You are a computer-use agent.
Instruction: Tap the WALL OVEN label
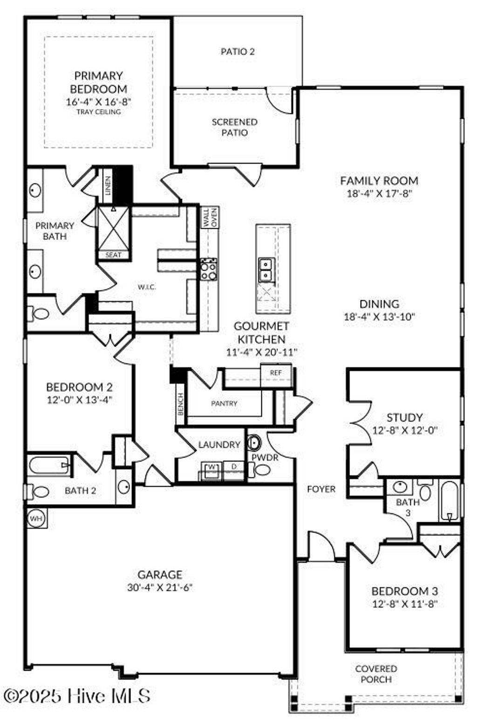[x=210, y=218]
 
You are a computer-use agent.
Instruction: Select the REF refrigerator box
[x=276, y=373]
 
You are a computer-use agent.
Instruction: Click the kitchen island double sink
[x=266, y=270]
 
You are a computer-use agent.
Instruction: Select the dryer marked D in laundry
[x=233, y=467]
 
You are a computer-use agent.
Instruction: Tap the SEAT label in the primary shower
[x=113, y=255]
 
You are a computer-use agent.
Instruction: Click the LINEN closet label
[x=108, y=185]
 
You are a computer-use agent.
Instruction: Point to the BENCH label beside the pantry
[x=181, y=404]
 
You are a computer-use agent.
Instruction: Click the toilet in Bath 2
[x=39, y=491]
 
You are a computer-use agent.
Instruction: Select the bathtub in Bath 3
[x=449, y=501]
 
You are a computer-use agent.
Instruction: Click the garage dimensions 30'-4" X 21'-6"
[x=160, y=587]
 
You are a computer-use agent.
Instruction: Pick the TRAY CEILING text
[x=99, y=112]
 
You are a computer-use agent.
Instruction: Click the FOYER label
[x=321, y=489]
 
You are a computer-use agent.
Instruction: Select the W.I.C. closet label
[x=146, y=287]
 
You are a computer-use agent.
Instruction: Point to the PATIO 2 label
[x=238, y=51]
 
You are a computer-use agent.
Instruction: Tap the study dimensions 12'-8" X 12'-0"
[x=405, y=430]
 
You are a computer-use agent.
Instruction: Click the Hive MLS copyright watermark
[x=77, y=696]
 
